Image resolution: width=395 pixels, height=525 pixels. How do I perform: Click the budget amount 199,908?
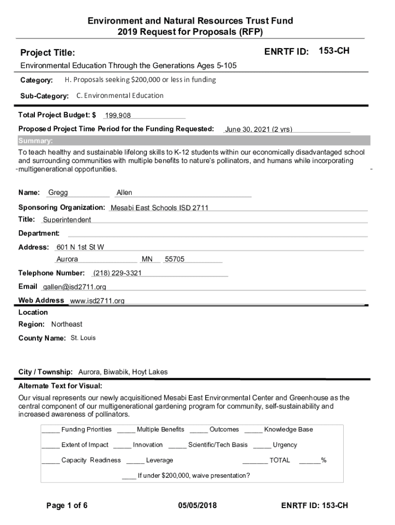coord(118,116)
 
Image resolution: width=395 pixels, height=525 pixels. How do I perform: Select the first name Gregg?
coord(58,193)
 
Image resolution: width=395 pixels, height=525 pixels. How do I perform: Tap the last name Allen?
coord(124,193)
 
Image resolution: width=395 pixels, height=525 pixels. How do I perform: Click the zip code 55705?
coord(174,259)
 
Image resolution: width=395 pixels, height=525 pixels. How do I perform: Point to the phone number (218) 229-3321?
coord(117,273)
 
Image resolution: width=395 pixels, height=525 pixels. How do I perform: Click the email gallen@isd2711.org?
coord(74,287)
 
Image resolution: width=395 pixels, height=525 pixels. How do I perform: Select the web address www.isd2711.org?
coord(97,300)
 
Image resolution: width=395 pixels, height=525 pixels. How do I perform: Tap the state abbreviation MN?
coord(147,259)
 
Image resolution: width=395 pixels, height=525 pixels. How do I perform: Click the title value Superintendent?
coord(67,220)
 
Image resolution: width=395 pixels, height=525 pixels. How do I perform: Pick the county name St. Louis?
coord(83,338)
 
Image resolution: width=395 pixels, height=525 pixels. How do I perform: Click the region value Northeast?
coord(67,325)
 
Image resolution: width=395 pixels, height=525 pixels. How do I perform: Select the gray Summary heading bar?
coord(194,141)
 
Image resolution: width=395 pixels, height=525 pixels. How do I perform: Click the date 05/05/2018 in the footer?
coord(197,506)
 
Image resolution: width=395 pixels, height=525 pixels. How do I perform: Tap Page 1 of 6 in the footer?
coord(67,506)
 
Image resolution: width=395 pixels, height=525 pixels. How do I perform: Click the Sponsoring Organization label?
coord(62,208)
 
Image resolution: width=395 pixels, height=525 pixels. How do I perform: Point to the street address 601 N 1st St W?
coord(80,247)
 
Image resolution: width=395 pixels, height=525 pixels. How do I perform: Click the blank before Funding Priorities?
coord(51,430)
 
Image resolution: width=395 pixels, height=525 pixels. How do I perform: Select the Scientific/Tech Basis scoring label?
coord(218,445)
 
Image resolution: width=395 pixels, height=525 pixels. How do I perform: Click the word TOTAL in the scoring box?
coord(280,460)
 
